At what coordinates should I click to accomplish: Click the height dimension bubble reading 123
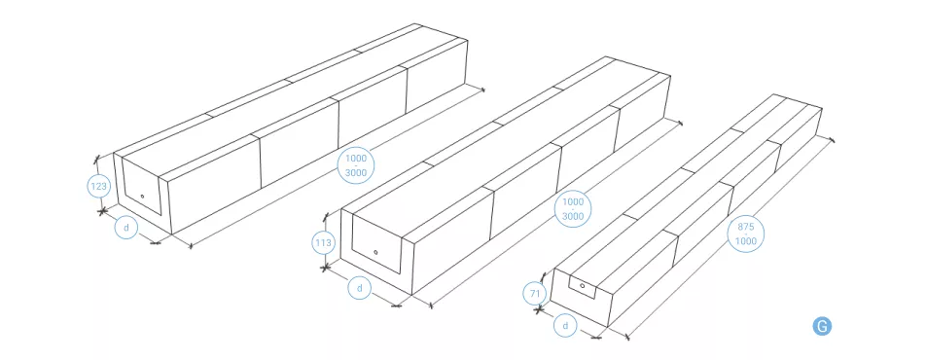coord(98,187)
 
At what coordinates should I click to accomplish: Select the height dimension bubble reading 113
coord(325,243)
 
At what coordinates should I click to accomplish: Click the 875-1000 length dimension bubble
coord(746,234)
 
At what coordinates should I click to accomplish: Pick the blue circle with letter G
coord(822,326)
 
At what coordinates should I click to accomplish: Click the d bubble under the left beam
coord(125,228)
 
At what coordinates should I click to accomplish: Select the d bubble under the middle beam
coord(359,288)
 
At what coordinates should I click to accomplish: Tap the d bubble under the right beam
coord(566,326)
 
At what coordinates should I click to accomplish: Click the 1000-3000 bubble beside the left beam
coord(356,165)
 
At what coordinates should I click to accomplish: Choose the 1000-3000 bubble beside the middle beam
coord(573,208)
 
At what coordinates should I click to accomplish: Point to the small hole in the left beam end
coord(142,197)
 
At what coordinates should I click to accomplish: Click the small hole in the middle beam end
coord(375,252)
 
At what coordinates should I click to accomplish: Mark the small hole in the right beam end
coord(583,286)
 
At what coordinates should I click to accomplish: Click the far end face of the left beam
coord(437,75)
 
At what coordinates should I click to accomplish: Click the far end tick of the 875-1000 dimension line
coord(832,140)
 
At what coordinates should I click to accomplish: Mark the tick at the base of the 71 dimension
coord(538,309)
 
